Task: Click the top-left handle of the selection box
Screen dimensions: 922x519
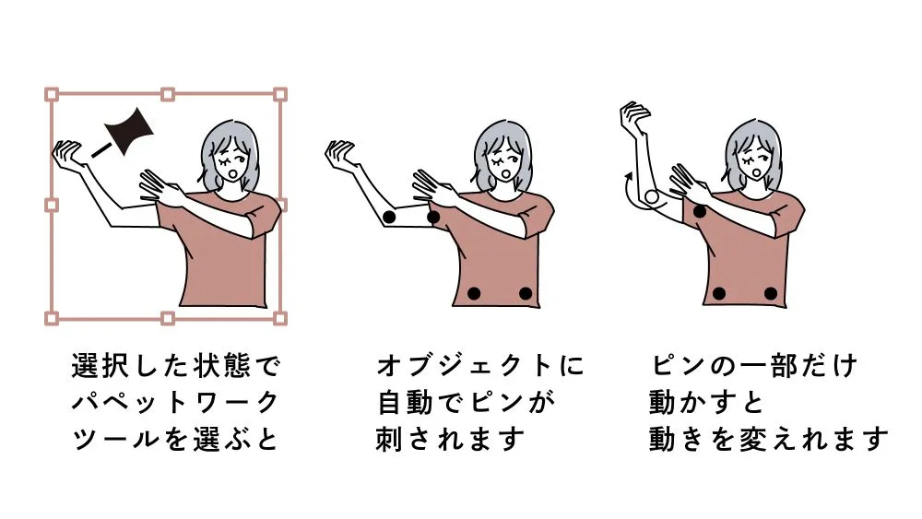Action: (x=52, y=94)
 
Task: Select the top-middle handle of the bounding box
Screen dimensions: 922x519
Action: (x=168, y=94)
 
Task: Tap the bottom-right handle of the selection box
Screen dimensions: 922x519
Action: (x=280, y=319)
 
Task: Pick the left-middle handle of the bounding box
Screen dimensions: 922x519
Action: (x=52, y=206)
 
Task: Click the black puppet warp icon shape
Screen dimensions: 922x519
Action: (x=128, y=131)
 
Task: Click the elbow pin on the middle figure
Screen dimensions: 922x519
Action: (x=389, y=217)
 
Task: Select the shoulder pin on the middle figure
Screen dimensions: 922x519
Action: (x=433, y=217)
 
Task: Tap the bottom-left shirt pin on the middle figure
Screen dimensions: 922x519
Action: (x=473, y=293)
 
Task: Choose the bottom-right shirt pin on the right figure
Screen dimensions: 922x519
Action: (x=770, y=293)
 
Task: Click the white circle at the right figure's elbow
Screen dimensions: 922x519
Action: (x=652, y=197)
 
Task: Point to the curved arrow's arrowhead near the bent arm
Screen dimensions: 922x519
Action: (x=629, y=176)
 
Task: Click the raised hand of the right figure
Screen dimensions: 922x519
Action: (x=635, y=116)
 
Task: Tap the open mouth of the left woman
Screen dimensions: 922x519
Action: (x=233, y=174)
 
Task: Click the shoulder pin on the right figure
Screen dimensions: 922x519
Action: (x=699, y=211)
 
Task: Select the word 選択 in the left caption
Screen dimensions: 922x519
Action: (x=101, y=366)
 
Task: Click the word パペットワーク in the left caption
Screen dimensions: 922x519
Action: (x=175, y=403)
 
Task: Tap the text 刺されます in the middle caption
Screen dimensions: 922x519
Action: (x=450, y=439)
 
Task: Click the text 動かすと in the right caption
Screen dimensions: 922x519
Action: (x=706, y=403)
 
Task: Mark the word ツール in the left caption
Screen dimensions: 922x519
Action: (x=116, y=439)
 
